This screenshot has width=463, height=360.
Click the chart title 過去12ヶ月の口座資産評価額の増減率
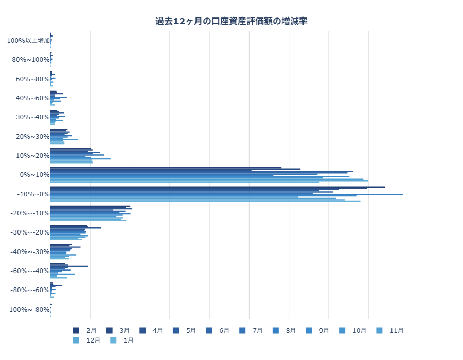click(232, 21)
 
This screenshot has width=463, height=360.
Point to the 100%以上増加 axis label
click(28, 41)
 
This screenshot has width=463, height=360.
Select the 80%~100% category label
click(30, 60)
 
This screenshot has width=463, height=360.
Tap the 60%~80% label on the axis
click(32, 79)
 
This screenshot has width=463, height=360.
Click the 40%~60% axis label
click(32, 98)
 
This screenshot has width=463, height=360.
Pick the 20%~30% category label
click(32, 136)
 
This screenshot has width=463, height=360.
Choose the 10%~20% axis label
click(32, 156)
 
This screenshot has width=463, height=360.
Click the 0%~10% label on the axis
click(34, 175)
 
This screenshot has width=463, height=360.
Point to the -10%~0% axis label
click(33, 194)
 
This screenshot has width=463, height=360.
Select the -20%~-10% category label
click(30, 213)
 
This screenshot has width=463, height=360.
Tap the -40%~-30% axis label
click(30, 251)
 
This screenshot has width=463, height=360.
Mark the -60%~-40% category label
click(30, 271)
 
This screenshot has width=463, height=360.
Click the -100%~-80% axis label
click(28, 309)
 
